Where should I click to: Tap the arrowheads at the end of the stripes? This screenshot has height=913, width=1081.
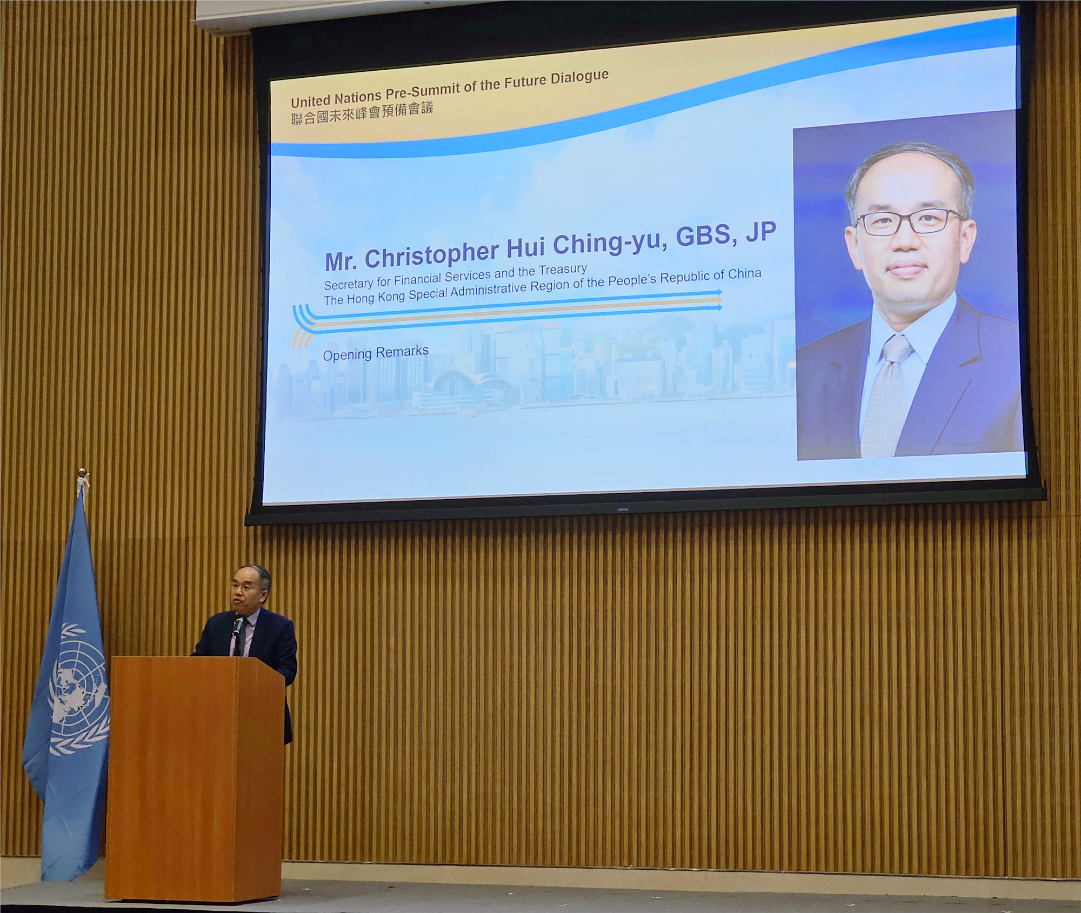pos(719,300)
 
